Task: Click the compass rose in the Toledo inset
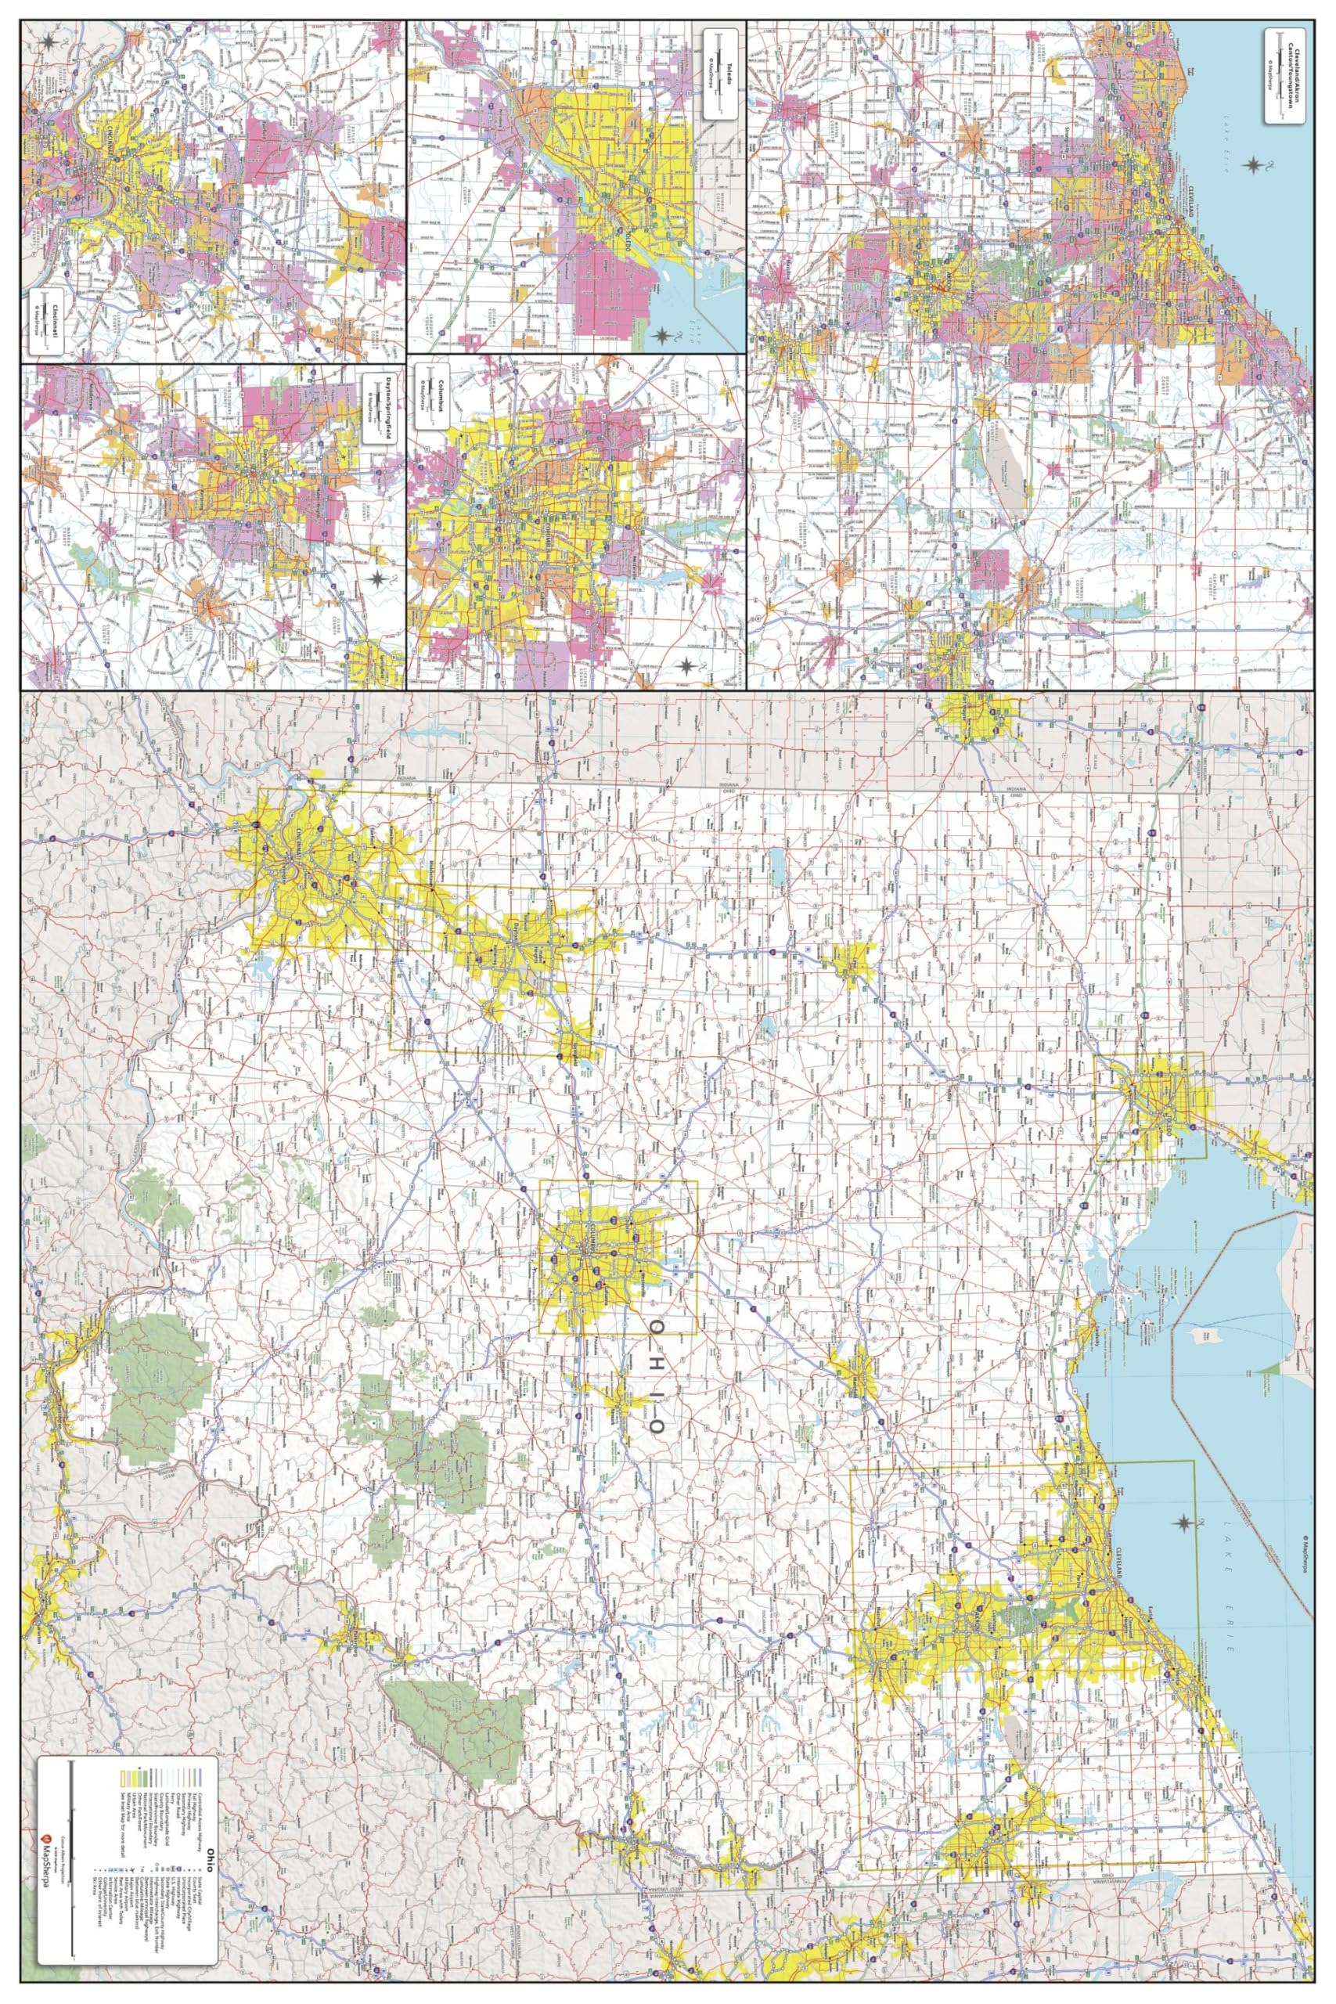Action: (x=662, y=337)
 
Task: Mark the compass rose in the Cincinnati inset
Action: (x=51, y=41)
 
